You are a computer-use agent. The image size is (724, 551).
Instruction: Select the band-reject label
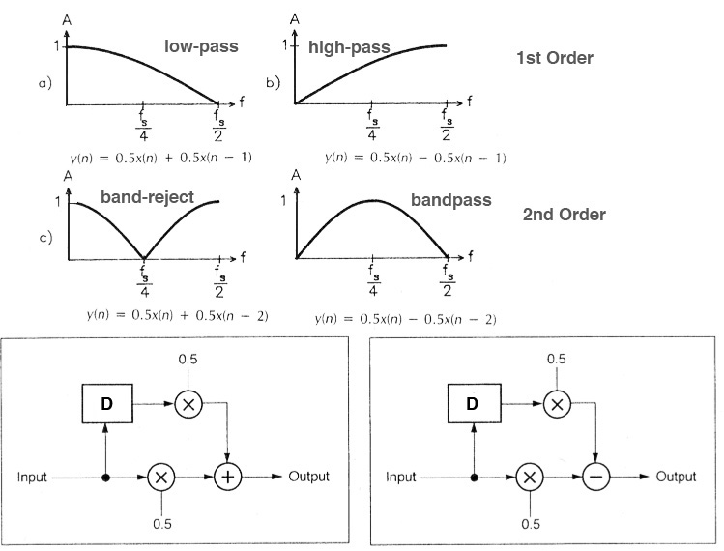[x=147, y=197]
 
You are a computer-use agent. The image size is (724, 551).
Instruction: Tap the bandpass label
[x=451, y=200]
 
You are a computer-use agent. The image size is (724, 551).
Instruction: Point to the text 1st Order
[x=555, y=58]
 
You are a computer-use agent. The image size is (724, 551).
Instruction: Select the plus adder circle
[x=227, y=478]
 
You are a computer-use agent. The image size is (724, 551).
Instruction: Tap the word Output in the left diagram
[x=306, y=477]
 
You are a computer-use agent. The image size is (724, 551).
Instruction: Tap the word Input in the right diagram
[x=401, y=478]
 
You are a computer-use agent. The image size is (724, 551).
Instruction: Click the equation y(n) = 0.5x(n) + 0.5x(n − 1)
[x=148, y=155]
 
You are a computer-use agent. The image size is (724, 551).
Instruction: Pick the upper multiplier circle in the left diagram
[x=187, y=403]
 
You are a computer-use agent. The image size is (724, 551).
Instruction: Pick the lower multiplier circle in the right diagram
[x=530, y=478]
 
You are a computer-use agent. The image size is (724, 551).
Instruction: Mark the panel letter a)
[x=43, y=84]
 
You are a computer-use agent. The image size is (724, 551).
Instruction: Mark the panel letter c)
[x=43, y=237]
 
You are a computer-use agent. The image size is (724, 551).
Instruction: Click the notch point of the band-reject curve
[x=143, y=259]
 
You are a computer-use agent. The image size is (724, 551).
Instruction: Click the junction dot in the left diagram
[x=106, y=478]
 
